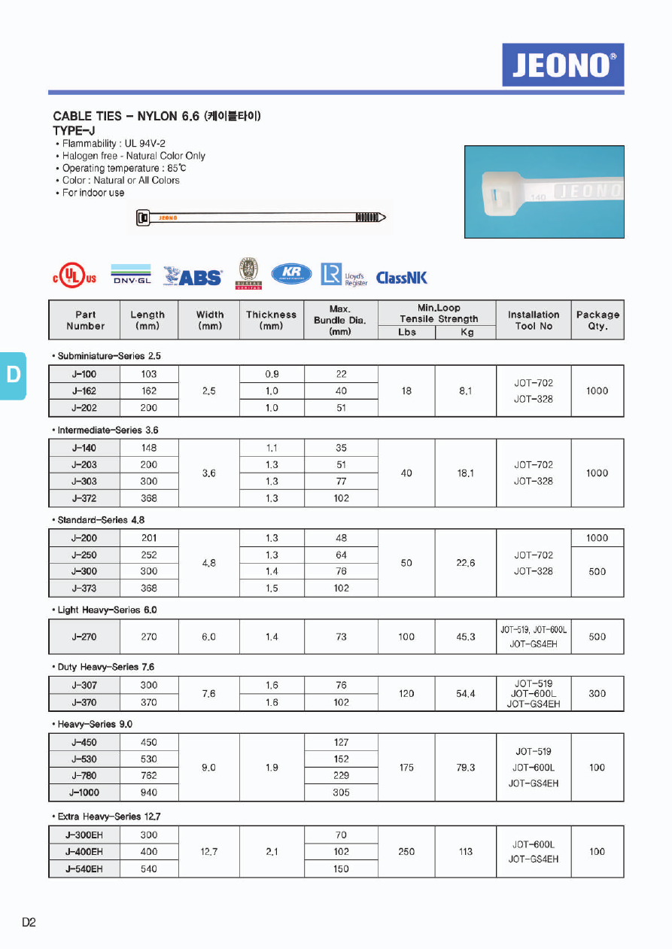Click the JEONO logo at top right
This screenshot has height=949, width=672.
tap(563, 65)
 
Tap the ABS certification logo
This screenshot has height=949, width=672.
tap(193, 277)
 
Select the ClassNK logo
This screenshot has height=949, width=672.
tap(401, 278)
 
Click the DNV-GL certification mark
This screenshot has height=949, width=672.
tap(132, 275)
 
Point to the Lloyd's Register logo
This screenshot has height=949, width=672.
tap(344, 275)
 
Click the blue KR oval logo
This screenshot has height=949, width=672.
tap(291, 274)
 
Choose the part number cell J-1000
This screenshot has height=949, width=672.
tap(84, 792)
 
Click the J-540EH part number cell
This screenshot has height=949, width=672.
tap(84, 868)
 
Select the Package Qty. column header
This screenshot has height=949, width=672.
tap(598, 321)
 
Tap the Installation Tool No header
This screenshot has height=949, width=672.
tap(534, 321)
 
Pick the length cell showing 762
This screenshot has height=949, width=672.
tap(149, 776)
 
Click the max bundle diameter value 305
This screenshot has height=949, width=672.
tap(341, 792)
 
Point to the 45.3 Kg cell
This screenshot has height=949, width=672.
tap(466, 637)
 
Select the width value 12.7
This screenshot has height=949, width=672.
tap(209, 852)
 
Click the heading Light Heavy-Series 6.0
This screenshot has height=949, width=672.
tap(107, 610)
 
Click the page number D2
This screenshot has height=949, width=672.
tap(29, 923)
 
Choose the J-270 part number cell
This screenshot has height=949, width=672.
tap(84, 637)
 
